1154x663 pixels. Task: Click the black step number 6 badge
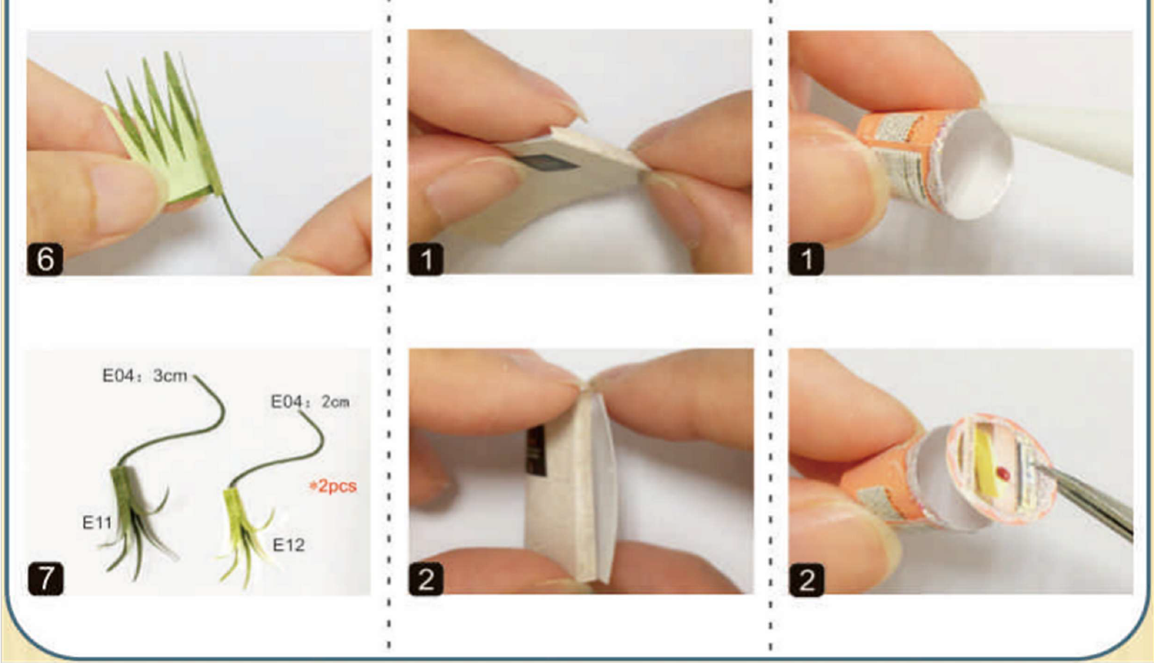tap(45, 259)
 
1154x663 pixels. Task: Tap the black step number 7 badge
tap(46, 579)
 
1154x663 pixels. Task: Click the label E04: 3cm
tap(145, 376)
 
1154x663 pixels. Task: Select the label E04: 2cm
tap(310, 402)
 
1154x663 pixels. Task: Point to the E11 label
tap(97, 523)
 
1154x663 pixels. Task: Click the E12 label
tap(288, 545)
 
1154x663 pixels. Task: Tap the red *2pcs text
tap(333, 486)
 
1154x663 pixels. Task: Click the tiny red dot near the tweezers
tap(1003, 472)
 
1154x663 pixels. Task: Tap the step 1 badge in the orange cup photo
tap(807, 258)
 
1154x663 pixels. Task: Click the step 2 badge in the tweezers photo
tap(807, 580)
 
